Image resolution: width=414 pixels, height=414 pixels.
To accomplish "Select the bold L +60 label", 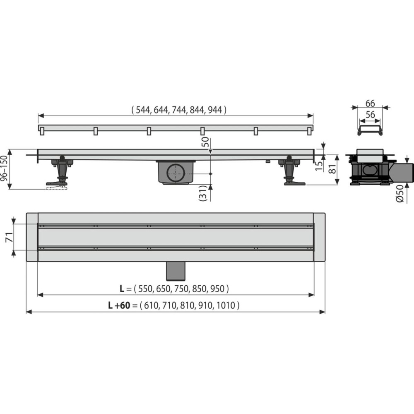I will click(119, 306).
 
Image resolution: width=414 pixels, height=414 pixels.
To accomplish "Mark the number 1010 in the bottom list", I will click(226, 306).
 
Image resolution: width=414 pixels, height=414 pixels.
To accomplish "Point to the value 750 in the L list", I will click(179, 288).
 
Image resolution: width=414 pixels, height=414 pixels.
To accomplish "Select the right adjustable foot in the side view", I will click(291, 172).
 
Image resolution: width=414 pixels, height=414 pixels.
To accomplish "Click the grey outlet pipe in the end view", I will click(404, 172).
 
